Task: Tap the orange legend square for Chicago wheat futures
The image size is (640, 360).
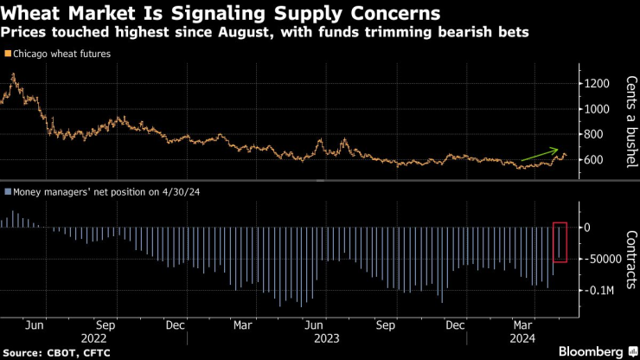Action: coord(7,54)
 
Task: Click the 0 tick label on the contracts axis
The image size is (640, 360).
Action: coord(586,228)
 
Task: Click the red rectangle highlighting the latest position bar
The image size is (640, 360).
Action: coord(560,241)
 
